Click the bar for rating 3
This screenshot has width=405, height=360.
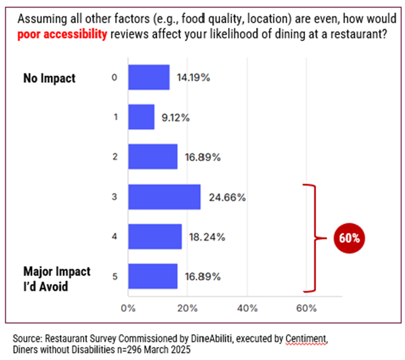[x=164, y=197]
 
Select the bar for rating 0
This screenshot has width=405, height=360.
[x=149, y=77]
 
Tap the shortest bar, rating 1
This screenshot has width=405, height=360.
[x=141, y=117]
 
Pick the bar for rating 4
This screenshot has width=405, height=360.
[x=155, y=237]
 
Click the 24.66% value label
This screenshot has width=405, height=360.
[x=227, y=198]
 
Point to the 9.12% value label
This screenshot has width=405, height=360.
[x=176, y=117]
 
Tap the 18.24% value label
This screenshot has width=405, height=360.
[x=208, y=237]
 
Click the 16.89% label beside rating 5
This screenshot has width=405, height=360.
[x=203, y=277]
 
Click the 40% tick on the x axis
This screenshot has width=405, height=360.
[x=247, y=308]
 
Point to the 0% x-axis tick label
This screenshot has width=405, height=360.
[x=128, y=308]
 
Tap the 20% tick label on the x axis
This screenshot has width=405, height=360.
[x=187, y=308]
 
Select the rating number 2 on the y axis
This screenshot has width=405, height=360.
[x=116, y=157]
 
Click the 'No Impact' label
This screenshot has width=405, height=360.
[x=49, y=78]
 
